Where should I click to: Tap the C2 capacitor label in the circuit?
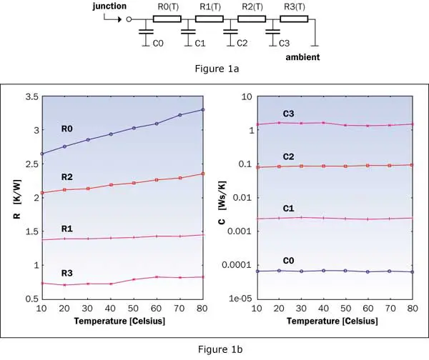[x=242, y=44]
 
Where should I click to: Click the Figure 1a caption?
[x=214, y=69]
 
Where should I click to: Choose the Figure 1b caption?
[x=214, y=349]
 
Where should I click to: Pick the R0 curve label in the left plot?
[x=69, y=129]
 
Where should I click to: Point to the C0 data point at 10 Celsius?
[x=257, y=271]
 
